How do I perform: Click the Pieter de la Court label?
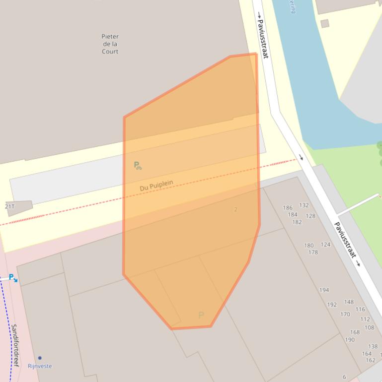coord(110,44)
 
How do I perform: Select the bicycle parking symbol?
coord(138,165)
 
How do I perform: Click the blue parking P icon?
coord(12,277)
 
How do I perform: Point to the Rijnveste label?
coord(40,366)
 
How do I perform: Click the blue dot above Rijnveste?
coord(40,358)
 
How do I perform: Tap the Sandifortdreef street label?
coord(15,345)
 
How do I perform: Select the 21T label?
coord(9,206)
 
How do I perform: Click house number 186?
coord(288,208)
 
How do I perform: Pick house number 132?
coord(304,205)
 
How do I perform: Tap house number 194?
coord(324,290)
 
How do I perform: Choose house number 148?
coord(349,302)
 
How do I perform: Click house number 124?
coord(325,245)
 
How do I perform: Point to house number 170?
coord(345,314)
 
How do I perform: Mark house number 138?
coord(373,346)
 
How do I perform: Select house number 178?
coord(313,253)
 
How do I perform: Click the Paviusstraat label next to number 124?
coord(346,240)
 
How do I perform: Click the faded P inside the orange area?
coord(201,315)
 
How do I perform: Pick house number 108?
coord(369,327)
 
